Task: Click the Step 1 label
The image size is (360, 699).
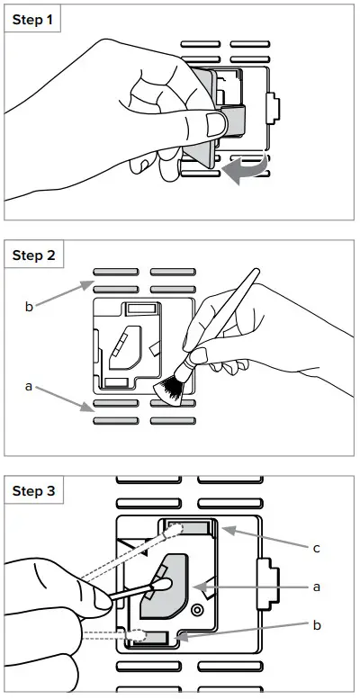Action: (33, 20)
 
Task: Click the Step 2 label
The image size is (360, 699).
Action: (34, 255)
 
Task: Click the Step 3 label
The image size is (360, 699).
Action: (34, 491)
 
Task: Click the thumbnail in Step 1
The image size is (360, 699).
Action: (215, 124)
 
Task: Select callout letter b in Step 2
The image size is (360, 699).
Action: (29, 307)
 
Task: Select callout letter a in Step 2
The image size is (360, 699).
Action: (29, 387)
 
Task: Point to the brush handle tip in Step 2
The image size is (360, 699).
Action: (256, 271)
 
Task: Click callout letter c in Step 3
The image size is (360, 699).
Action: (316, 548)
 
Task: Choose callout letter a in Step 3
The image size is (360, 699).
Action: (316, 587)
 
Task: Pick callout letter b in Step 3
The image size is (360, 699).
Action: (316, 625)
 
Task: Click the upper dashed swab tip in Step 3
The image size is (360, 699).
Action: (175, 529)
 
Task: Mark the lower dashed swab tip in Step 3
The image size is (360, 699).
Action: (136, 634)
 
